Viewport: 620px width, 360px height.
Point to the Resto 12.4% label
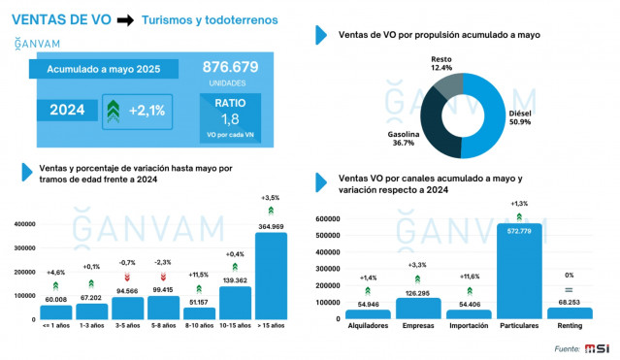pos(441,63)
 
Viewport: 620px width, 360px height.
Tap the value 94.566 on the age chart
pos(127,290)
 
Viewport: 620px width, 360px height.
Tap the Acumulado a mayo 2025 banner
pos(105,69)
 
